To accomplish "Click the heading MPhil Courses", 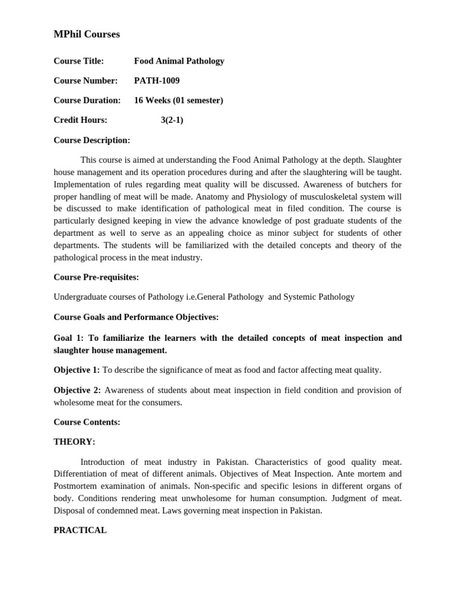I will (87, 34).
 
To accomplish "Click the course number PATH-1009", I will (157, 81).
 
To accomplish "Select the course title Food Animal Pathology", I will (179, 61).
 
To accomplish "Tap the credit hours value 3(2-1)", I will (172, 121).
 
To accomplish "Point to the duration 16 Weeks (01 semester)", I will (178, 100).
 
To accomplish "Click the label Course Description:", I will (91, 141).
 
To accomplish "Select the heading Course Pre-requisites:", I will (96, 277).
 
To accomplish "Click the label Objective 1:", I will (77, 370).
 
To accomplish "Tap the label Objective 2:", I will (77, 390).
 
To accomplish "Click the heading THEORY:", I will (74, 442).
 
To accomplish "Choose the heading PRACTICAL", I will (80, 530).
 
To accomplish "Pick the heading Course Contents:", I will (87, 422).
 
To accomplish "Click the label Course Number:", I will (85, 81).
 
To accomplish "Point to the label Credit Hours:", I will (80, 121).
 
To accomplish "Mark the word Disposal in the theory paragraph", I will (70, 511).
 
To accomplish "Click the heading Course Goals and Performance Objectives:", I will (136, 317).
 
